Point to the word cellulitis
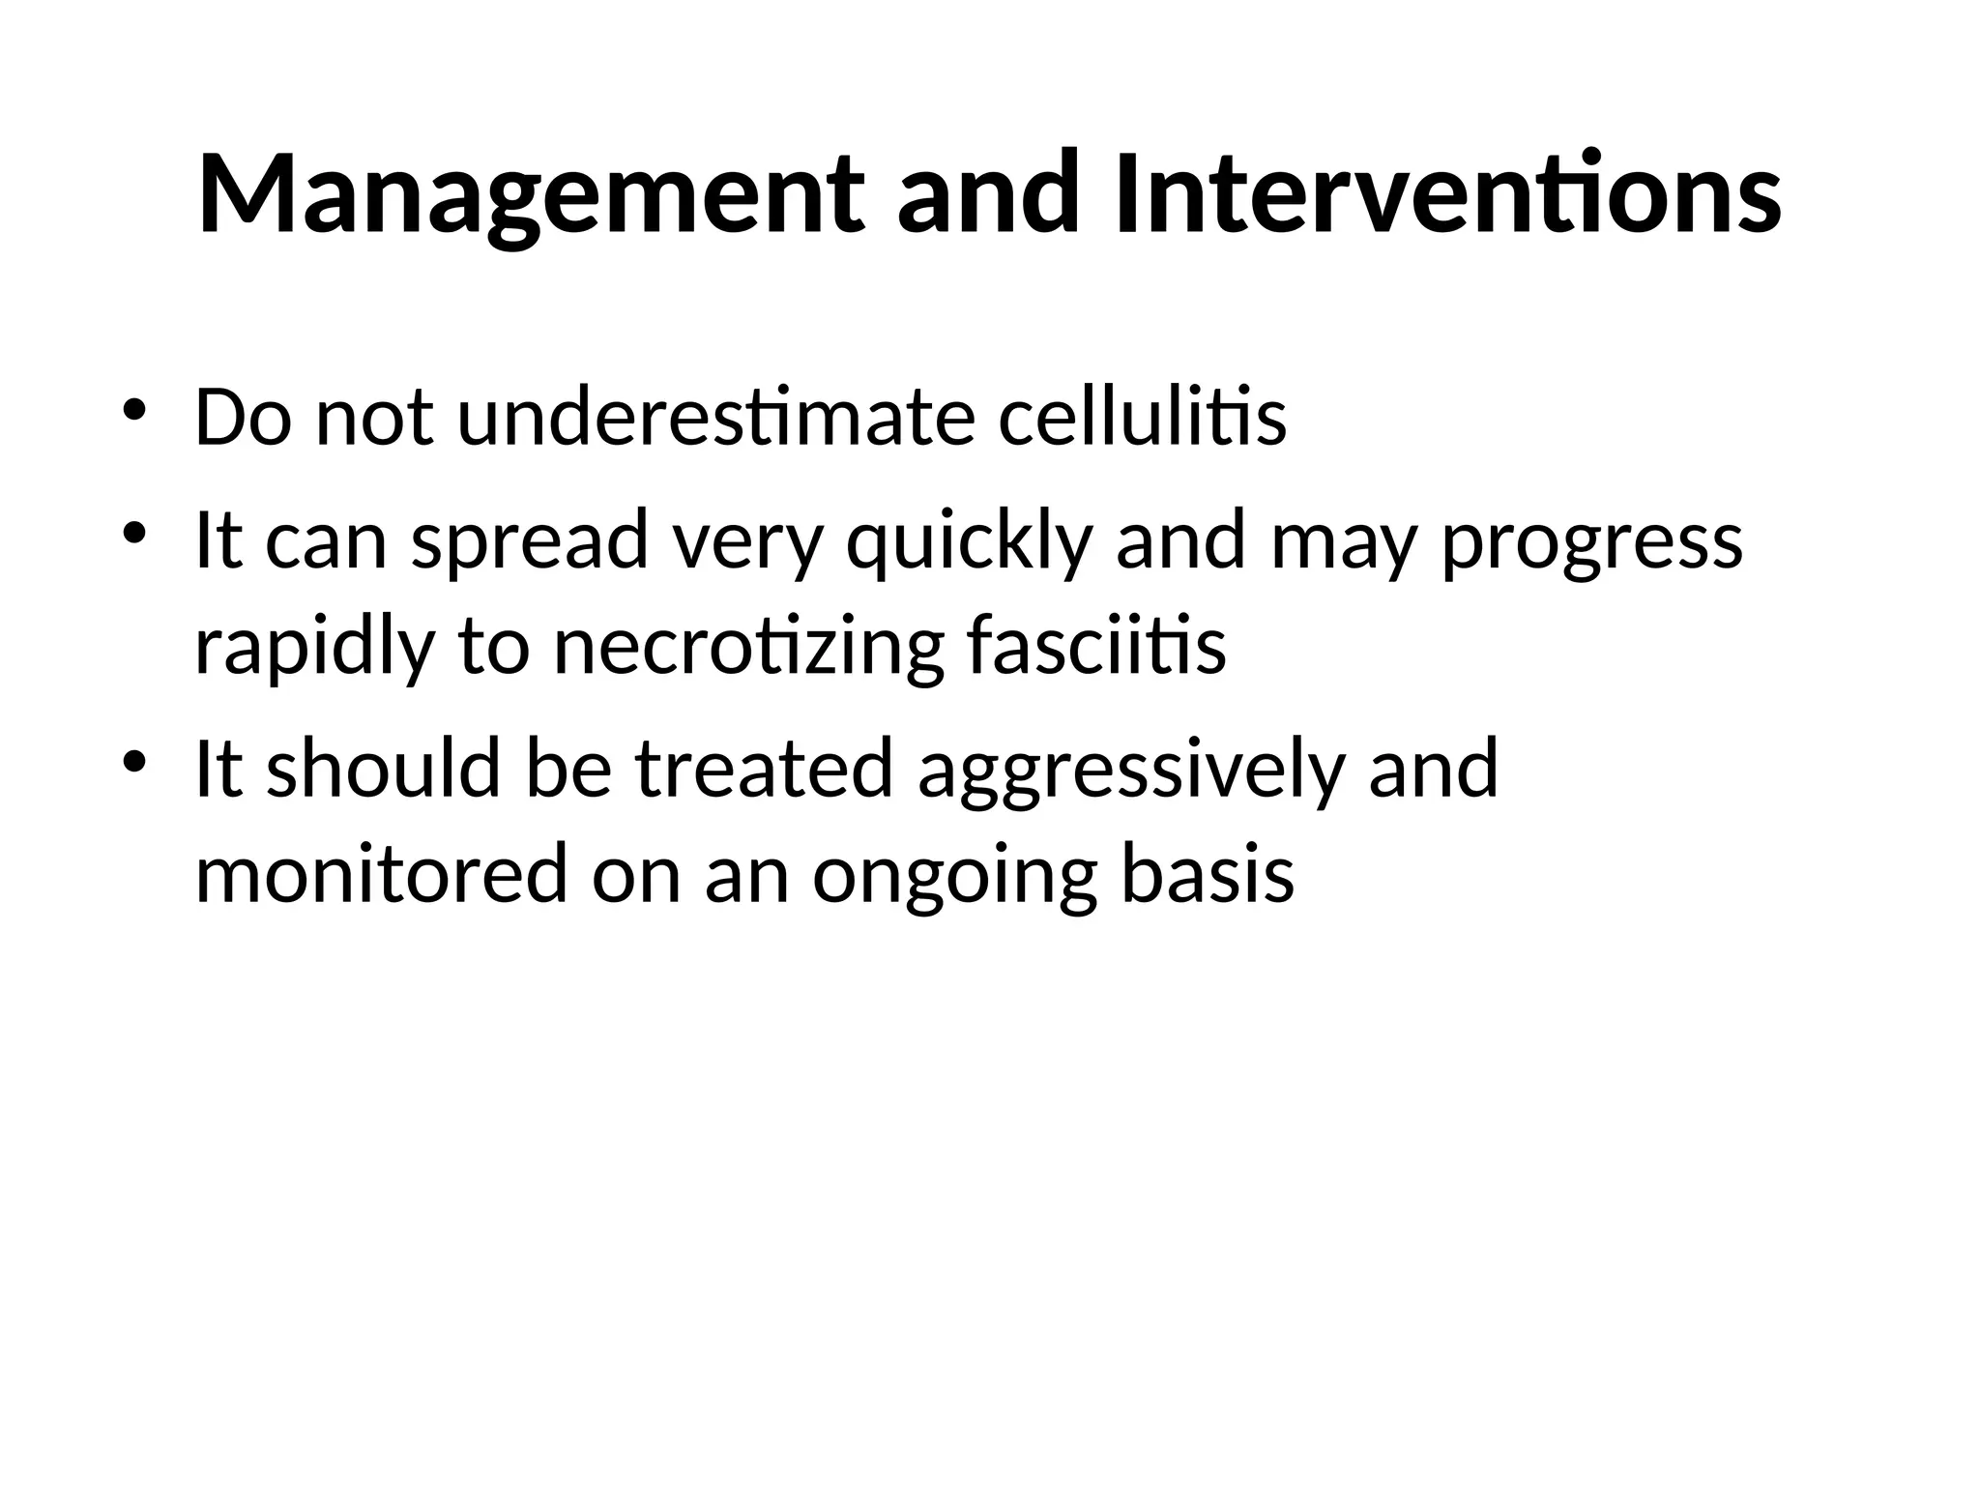point(1142,418)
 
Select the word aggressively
point(1131,772)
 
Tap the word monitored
point(381,874)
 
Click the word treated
point(764,770)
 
